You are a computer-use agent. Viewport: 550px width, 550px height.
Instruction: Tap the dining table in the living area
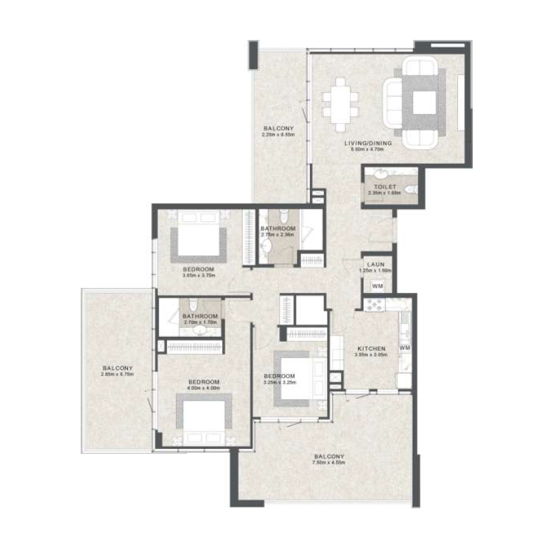tap(340, 102)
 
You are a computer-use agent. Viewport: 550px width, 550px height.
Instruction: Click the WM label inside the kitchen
tap(404, 348)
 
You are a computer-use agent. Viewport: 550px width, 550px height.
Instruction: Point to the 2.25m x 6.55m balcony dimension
tap(278, 135)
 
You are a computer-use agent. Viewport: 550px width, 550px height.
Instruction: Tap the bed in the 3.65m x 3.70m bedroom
tap(198, 237)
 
